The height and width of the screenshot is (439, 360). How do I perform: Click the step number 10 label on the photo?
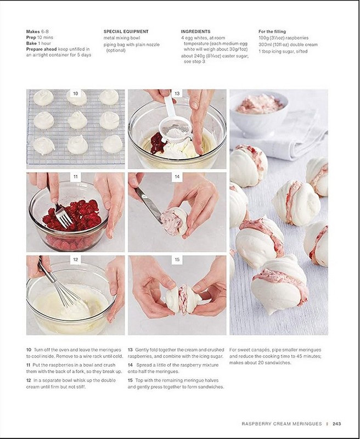tap(76, 93)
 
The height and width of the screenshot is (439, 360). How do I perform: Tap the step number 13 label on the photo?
tap(177, 93)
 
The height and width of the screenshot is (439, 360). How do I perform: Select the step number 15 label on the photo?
tap(177, 260)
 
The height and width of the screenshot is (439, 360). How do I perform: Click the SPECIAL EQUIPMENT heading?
tap(126, 32)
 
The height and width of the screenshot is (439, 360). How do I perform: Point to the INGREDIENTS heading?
tap(195, 32)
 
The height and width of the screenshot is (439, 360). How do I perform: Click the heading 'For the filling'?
tap(272, 32)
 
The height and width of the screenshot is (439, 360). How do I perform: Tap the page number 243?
tap(337, 424)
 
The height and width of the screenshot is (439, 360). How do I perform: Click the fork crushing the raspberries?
tap(59, 207)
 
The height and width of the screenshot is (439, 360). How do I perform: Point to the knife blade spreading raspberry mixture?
tap(149, 205)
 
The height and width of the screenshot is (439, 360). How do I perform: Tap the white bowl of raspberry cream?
tap(259, 114)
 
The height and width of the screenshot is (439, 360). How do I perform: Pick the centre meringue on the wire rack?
tap(77, 120)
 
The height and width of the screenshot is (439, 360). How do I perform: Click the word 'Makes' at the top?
tap(33, 32)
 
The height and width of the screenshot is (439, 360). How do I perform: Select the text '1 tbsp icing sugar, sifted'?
tap(283, 51)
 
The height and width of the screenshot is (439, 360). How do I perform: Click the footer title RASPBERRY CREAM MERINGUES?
tap(282, 424)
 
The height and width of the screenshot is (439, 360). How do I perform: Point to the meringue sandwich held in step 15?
tap(183, 299)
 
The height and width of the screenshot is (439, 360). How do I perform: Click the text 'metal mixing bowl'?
tap(122, 38)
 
